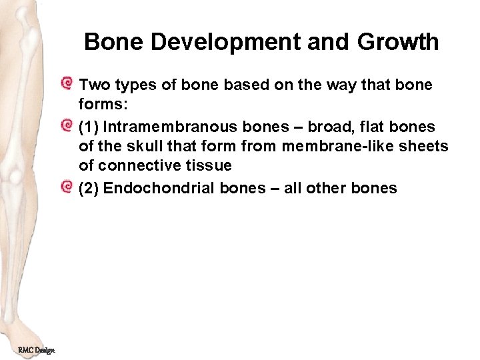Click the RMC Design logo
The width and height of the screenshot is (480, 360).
(x=36, y=350)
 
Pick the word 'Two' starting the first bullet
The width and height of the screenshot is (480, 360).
(x=92, y=85)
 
